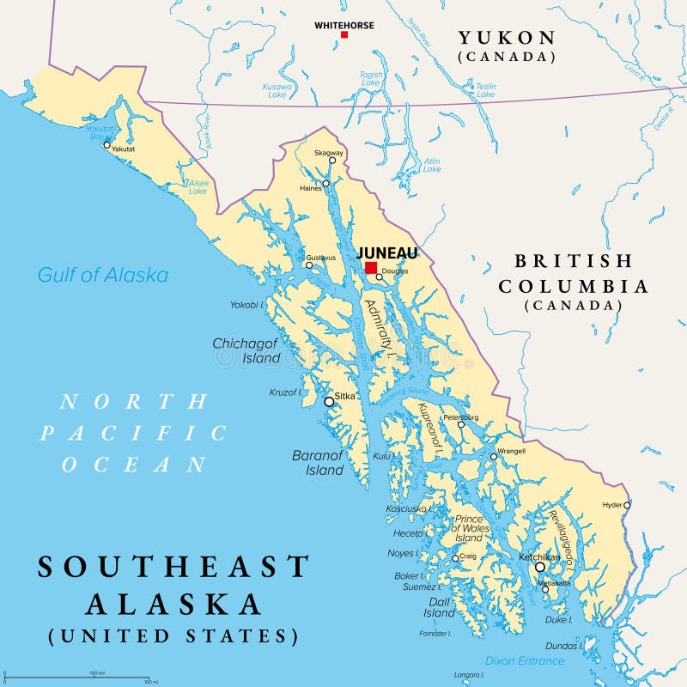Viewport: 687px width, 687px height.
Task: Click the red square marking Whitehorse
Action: coord(344,34)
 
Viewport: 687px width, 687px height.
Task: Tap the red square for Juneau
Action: coord(371,268)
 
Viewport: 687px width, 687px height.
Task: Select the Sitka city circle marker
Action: coord(329,401)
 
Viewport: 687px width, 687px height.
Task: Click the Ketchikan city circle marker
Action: coord(540,567)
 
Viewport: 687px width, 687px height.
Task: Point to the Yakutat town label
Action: coord(124,149)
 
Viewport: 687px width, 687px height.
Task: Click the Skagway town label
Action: coord(328,152)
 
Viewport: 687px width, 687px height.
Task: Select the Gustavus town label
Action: coord(320,257)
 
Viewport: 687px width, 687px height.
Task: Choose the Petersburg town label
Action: coord(460,417)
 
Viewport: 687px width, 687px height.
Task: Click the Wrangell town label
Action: coord(511,450)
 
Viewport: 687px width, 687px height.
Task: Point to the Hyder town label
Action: coord(612,504)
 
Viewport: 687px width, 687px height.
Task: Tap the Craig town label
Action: coord(468,556)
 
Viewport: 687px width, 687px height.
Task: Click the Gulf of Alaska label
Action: coord(103,275)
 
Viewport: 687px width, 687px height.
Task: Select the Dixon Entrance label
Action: coord(525,660)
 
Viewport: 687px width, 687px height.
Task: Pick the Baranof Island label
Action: coord(318,463)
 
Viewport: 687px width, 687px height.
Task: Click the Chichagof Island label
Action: coord(246,350)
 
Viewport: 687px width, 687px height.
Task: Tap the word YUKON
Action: coord(506,37)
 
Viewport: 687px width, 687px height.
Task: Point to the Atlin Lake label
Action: coord(432,165)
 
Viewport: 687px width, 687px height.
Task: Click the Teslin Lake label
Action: coord(486,90)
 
